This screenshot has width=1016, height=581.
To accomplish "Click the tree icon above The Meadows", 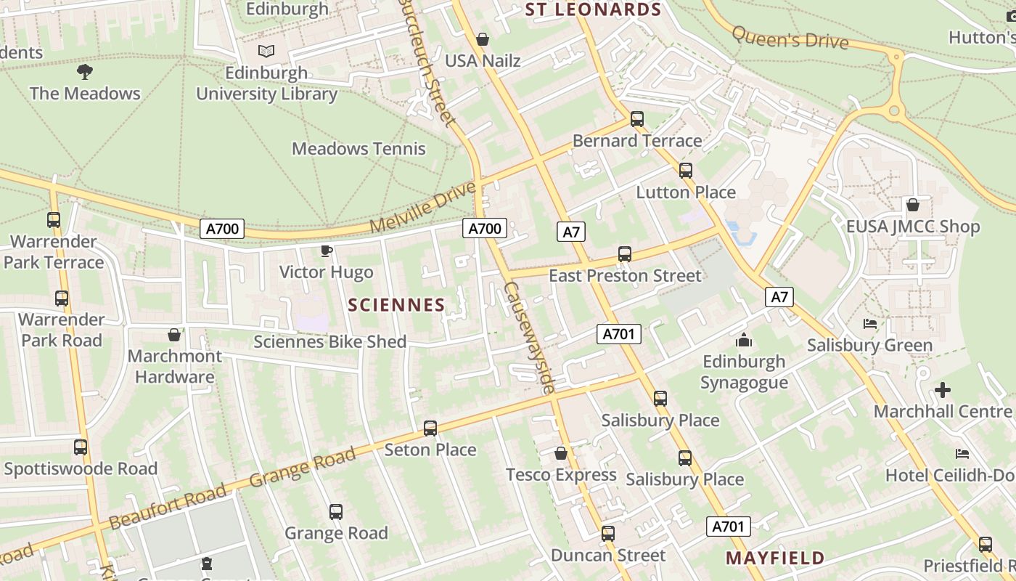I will pos(85,71).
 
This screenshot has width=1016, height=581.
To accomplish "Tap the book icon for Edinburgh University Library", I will pos(266,51).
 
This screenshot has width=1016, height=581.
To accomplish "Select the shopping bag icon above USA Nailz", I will pos(482,39).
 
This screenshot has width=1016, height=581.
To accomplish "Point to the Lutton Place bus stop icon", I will pos(686,171).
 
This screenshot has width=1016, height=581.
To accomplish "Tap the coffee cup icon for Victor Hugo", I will pos(327,251).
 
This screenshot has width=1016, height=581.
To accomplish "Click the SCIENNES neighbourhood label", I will pos(396,305).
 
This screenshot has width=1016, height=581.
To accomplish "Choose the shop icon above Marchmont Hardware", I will pos(174,335).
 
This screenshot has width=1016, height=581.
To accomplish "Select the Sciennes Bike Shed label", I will pos(329,341).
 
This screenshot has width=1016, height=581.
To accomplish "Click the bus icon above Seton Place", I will pos(430,428).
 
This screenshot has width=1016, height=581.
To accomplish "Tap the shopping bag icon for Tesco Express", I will pos(561,454).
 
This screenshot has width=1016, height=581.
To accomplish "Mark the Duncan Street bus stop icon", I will pos(608,534).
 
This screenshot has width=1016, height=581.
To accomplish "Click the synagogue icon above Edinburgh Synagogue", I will pos(744,340).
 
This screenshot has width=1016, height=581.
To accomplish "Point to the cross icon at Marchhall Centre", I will pos(942,390).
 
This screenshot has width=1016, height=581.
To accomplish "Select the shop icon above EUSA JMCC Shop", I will pos(912,206).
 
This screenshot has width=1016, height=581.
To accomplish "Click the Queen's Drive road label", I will pos(790,38).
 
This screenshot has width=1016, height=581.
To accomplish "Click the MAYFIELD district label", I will pos(775,558).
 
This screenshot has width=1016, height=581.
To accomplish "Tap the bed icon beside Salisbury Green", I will pos(870,324).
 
